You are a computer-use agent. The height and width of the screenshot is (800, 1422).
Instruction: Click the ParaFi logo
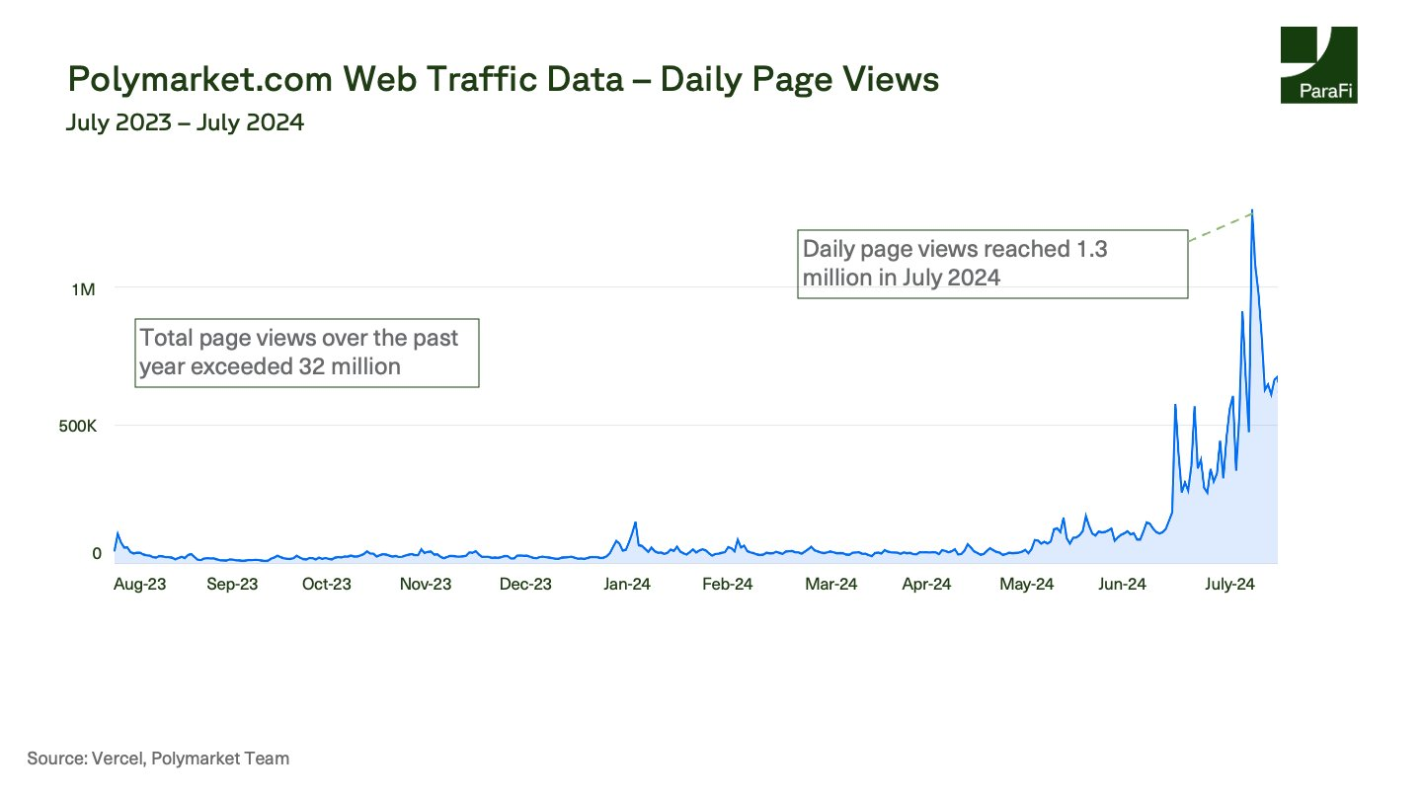pyautogui.click(x=1317, y=65)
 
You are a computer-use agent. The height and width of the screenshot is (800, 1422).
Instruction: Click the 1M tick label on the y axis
pyautogui.click(x=82, y=289)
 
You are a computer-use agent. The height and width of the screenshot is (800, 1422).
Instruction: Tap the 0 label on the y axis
pyautogui.click(x=97, y=553)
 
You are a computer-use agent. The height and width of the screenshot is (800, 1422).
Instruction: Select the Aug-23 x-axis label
pyautogui.click(x=140, y=584)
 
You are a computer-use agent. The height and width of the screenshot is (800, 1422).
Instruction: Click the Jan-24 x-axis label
pyautogui.click(x=627, y=584)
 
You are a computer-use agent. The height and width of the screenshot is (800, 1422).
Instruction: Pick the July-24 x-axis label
pyautogui.click(x=1229, y=584)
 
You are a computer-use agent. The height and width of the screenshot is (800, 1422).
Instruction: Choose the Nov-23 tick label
pyautogui.click(x=426, y=584)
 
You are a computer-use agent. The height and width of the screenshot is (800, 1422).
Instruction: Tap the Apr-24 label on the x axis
pyautogui.click(x=926, y=584)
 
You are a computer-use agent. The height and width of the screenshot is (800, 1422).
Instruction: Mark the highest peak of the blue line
pyautogui.click(x=1252, y=211)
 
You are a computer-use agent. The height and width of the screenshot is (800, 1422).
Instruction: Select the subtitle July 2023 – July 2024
pyautogui.click(x=185, y=123)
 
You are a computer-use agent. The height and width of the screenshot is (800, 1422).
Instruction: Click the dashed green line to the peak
pyautogui.click(x=1221, y=226)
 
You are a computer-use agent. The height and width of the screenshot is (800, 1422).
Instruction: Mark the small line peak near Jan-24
pyautogui.click(x=635, y=522)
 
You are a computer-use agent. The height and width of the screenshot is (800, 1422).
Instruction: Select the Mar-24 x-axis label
pyautogui.click(x=830, y=584)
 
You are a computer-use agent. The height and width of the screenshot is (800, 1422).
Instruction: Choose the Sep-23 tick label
pyautogui.click(x=232, y=584)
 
